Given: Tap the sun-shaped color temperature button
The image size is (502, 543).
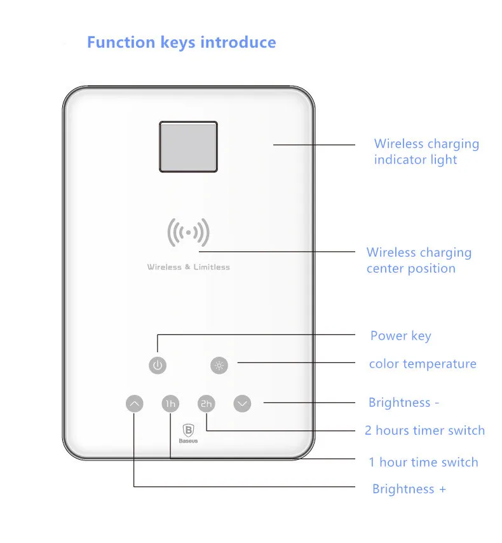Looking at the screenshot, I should point(219,365).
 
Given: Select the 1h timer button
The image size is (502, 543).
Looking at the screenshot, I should point(170,403).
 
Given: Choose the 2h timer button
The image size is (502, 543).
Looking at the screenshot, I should point(207,403).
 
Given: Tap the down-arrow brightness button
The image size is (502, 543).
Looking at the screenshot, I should point(242,403).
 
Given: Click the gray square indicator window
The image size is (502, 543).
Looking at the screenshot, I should point(188,147).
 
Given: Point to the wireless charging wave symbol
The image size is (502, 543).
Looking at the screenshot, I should point(188,233).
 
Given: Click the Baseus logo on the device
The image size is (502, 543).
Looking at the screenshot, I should point(188,434).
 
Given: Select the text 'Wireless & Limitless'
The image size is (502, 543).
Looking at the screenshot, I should point(189,267).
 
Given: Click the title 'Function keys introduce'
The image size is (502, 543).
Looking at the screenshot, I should point(181,43).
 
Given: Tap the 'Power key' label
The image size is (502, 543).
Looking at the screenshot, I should point(400,336).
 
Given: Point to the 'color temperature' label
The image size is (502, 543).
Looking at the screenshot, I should point(423,364).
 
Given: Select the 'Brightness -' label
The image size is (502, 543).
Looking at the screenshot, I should point(404,402).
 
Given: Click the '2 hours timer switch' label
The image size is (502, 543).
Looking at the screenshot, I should point(424,430).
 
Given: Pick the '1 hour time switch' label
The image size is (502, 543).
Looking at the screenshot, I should point(423,462).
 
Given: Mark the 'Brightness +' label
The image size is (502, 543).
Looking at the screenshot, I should point(409,489).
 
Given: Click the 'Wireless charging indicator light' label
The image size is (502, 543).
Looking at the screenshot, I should point(426,152).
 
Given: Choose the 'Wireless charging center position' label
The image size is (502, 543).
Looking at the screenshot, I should point(419,260).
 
